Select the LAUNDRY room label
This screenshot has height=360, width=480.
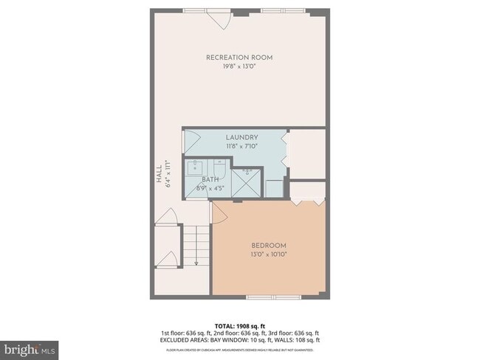[241, 137]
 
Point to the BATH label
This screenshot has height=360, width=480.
[210, 179]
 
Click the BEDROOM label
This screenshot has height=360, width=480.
[268, 245]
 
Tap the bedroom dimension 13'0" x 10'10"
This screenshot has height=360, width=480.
[268, 254]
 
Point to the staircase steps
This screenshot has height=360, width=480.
[196, 243]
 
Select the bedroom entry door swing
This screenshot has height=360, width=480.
[219, 212]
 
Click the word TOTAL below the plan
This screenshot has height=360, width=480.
[224, 325]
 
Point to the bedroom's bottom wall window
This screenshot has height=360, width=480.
[269, 298]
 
